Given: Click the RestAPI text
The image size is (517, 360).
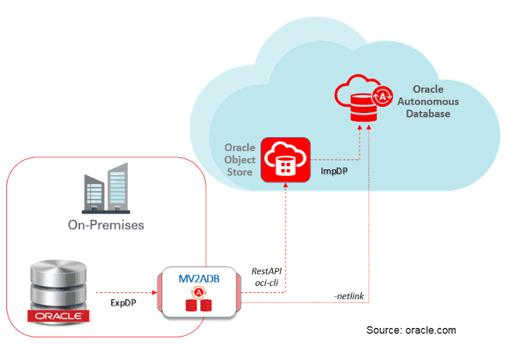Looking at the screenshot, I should [x=267, y=271].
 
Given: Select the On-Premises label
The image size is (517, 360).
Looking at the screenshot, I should [x=107, y=226].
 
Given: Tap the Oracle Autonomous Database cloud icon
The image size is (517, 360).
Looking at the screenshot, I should [x=361, y=97].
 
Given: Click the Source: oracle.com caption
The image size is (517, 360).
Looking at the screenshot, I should [x=411, y=330].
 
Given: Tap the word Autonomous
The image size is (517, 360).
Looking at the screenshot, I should [x=425, y=101].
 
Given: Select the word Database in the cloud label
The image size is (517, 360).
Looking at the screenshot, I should [x=425, y=114].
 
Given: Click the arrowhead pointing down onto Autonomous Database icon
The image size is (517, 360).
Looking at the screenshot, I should [x=360, y=129].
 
